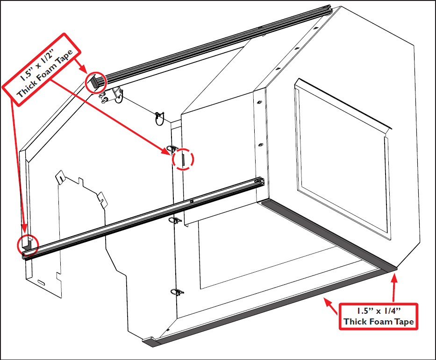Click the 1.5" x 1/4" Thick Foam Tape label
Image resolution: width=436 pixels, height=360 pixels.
tap(379, 316)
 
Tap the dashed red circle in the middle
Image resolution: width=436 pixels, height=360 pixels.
tap(184, 160)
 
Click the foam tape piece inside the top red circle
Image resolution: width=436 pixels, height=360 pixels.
tap(94, 83)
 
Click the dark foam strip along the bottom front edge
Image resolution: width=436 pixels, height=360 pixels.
tap(262, 308)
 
